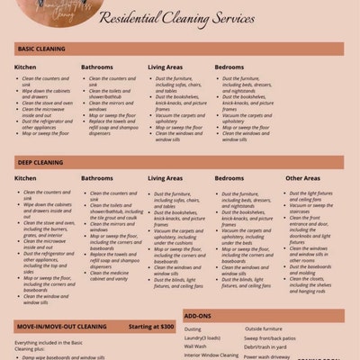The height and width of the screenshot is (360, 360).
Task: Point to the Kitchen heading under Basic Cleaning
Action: pos(25,67)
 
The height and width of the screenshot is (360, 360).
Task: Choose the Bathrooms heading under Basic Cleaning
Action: pos(97,67)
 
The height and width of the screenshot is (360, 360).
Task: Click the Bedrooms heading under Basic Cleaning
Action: pos(231,67)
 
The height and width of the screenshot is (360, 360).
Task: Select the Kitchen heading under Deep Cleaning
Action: pos(25,178)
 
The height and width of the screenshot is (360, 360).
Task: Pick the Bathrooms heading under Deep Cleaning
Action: pos(97,178)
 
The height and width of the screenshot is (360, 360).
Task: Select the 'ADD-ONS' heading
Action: pos(198,317)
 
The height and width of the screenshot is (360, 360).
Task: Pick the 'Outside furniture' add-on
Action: pos(264,329)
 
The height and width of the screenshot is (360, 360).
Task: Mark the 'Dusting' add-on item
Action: pos(193,329)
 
